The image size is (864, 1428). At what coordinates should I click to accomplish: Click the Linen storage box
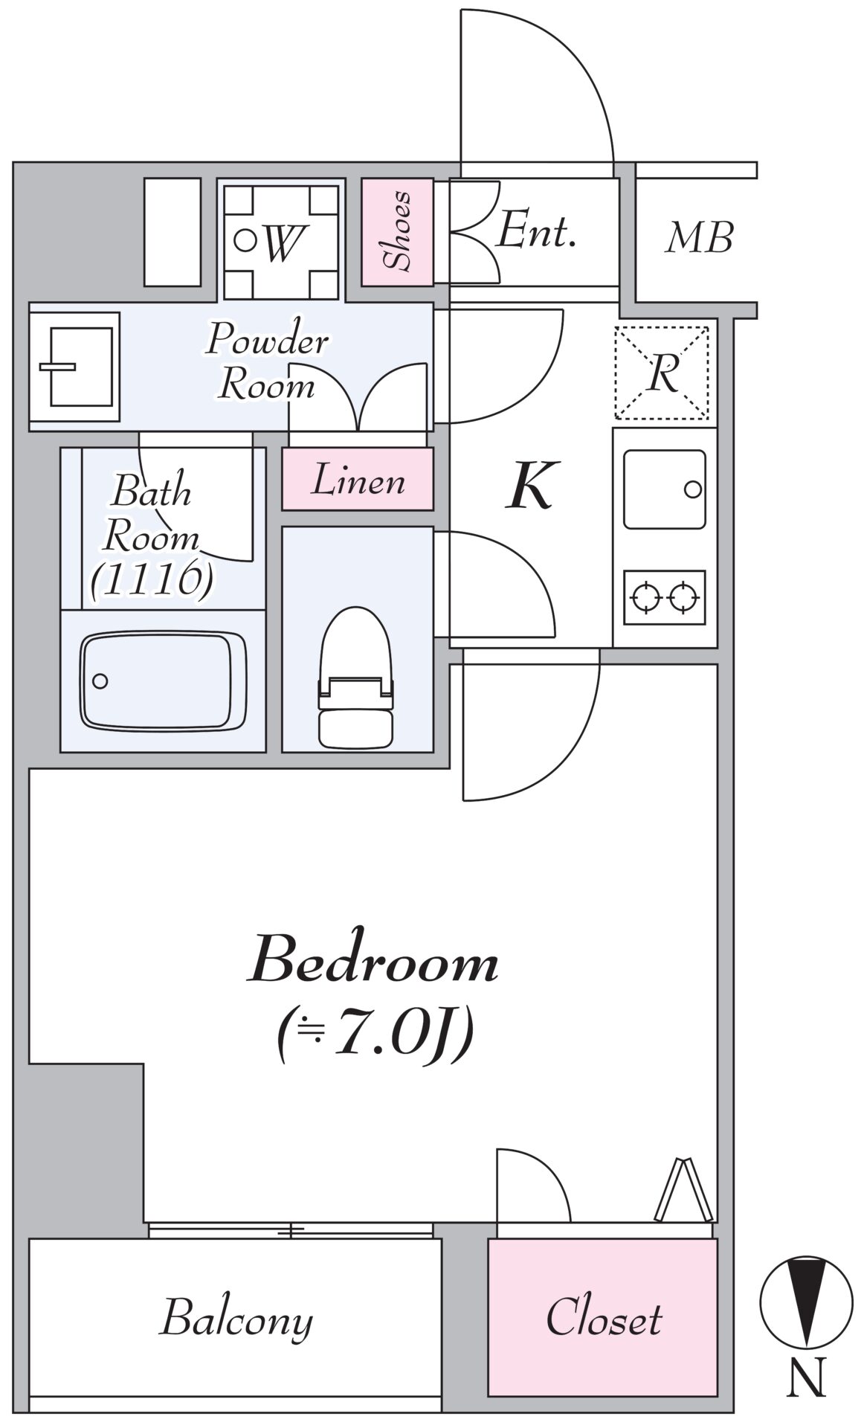coord(358,479)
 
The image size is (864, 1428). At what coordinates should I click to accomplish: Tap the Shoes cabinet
coord(397,231)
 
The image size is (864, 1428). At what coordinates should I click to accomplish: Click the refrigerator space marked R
coord(662,373)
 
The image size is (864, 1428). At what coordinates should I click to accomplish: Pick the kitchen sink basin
coord(664,489)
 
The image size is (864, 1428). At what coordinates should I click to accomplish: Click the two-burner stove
coord(664,596)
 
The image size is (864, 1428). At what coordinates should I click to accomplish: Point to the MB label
coord(699,238)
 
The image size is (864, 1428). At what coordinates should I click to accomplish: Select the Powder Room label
coord(268,362)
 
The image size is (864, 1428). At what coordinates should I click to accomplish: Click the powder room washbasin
coord(74,367)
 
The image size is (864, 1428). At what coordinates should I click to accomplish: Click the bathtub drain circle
coord(100,681)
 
